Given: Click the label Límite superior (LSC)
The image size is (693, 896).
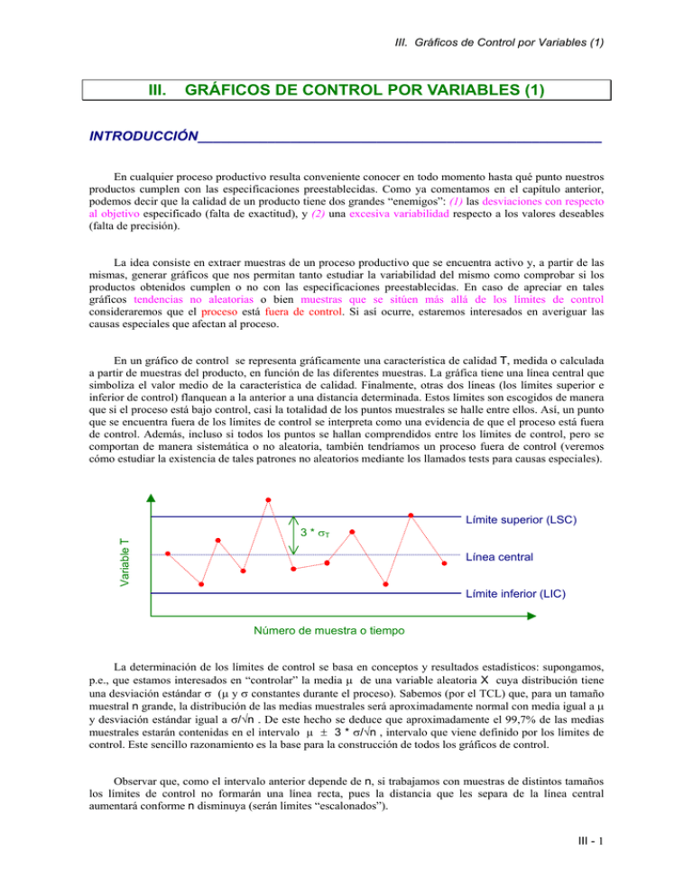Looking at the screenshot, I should click(521, 520).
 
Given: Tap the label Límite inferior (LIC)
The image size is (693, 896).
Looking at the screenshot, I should click(518, 595).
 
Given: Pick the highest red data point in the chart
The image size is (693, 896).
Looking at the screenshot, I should click(269, 499).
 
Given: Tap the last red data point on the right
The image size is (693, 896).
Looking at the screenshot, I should click(444, 563).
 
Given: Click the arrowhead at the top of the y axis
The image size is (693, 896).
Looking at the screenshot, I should click(151, 498).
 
